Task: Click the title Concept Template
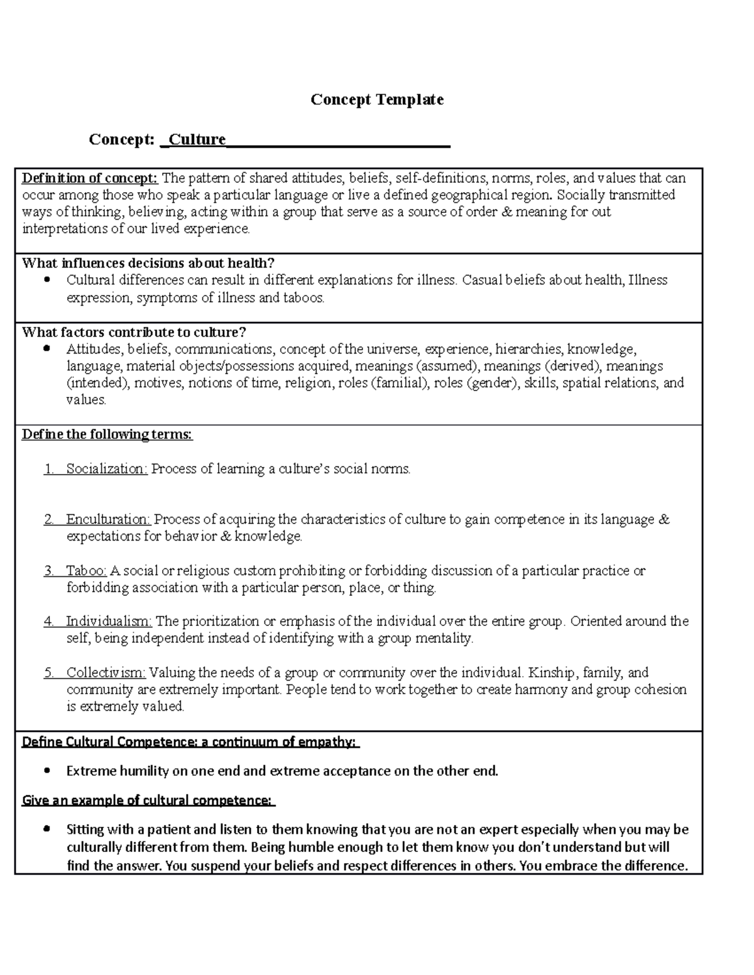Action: click(377, 100)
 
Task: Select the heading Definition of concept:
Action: click(90, 178)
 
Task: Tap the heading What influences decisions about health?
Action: click(148, 263)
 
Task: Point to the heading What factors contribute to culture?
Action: click(134, 332)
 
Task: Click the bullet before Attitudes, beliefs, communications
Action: click(46, 348)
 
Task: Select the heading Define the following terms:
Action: click(107, 434)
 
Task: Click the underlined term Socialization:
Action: click(107, 469)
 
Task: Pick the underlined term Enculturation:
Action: click(108, 520)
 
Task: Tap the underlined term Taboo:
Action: click(87, 571)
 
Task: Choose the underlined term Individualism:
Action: click(109, 622)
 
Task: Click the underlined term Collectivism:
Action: click(106, 673)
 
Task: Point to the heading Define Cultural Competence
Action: click(190, 742)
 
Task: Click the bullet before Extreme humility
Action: click(46, 770)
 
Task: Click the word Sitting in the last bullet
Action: click(85, 830)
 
